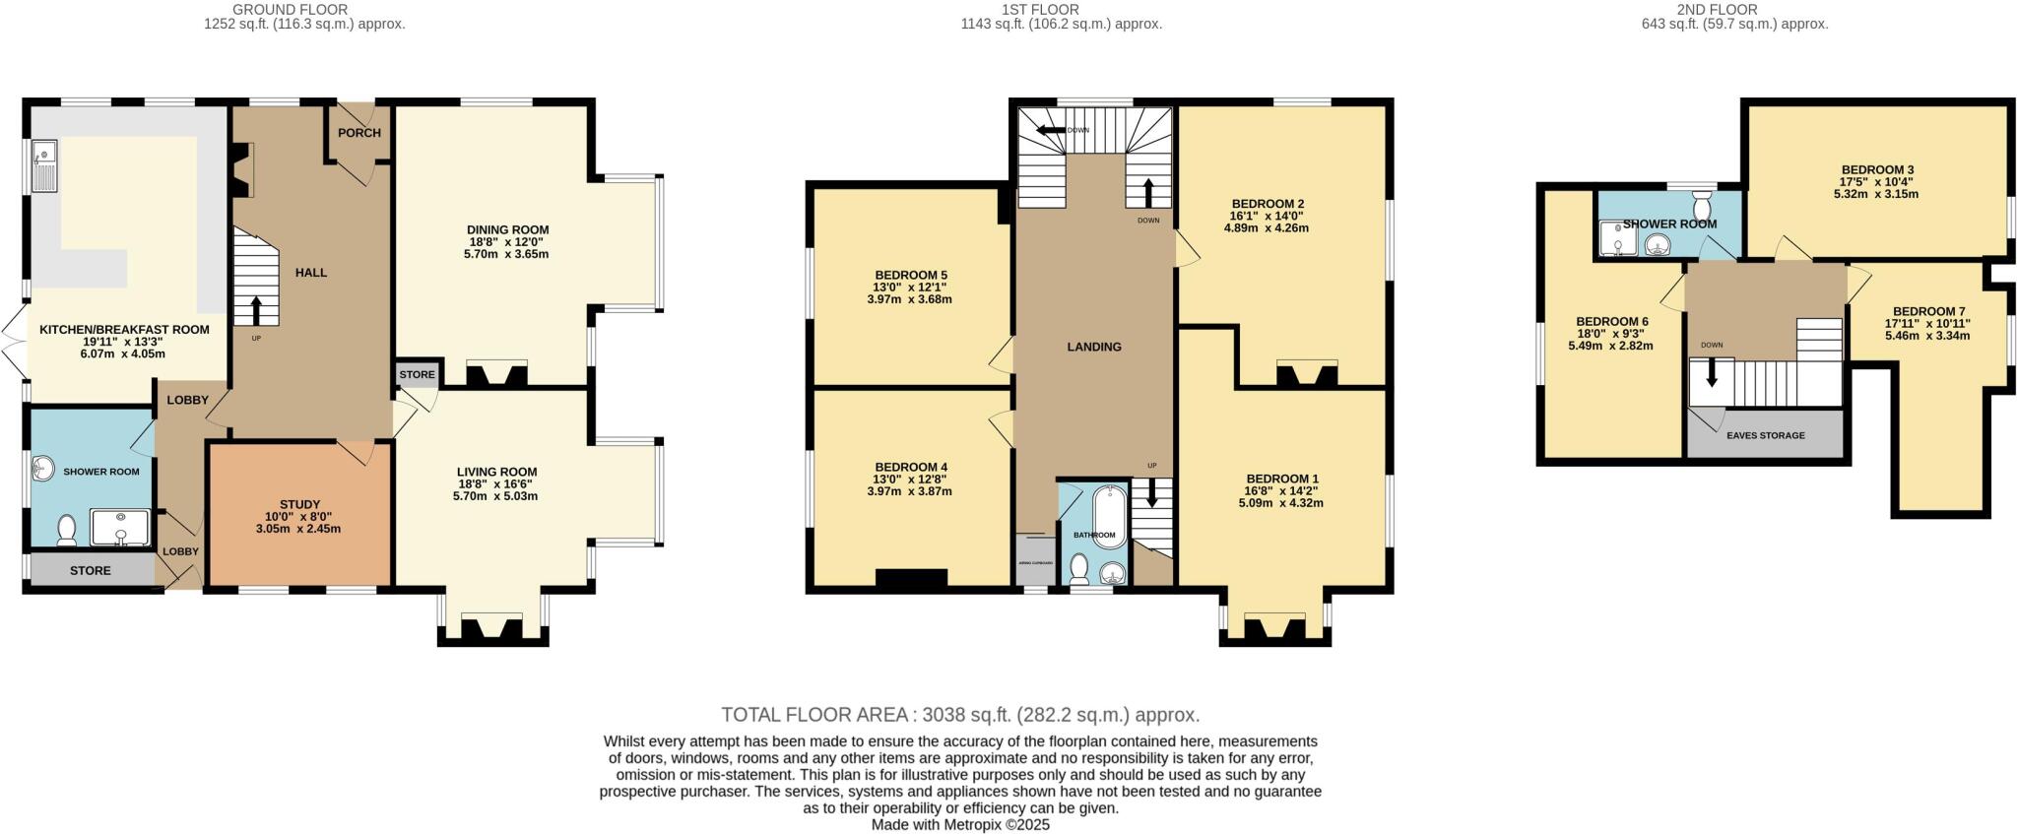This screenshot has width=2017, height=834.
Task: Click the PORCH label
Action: tap(359, 133)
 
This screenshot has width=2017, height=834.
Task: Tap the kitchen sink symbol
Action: tap(44, 165)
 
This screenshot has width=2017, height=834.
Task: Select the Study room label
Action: tap(299, 504)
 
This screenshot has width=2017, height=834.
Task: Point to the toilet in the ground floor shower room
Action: tap(67, 531)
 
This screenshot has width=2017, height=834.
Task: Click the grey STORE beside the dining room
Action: tap(417, 374)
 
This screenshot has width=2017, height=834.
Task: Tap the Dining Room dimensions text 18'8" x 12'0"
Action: tap(507, 242)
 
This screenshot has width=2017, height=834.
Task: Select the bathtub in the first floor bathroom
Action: tap(1108, 512)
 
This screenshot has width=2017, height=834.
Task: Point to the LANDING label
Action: tap(1094, 347)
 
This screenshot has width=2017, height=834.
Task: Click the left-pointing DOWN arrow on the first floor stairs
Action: tap(1049, 130)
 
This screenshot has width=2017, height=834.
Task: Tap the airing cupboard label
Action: tap(1034, 563)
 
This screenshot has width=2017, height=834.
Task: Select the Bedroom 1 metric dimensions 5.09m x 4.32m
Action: tap(1280, 503)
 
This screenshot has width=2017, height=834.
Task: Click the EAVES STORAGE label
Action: tap(1766, 435)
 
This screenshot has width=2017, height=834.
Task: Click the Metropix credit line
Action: tap(960, 825)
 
